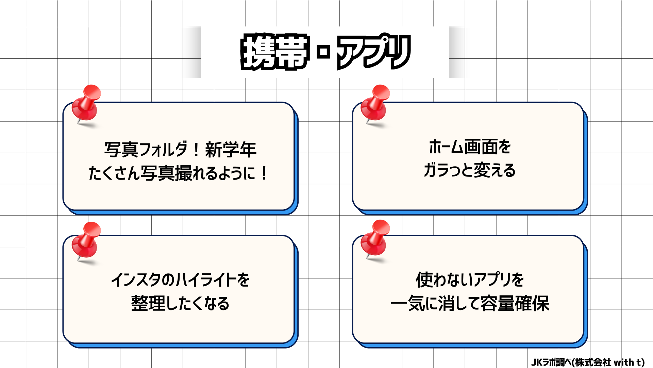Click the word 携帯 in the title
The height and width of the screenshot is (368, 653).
275,52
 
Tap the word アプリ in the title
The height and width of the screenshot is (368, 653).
373,52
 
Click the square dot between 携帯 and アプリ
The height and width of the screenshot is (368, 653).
323,52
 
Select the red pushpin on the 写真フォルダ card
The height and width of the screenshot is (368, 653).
86,104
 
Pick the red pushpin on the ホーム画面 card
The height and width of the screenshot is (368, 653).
375,104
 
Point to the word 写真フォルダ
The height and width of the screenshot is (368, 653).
146,150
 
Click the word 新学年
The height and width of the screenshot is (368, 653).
231,150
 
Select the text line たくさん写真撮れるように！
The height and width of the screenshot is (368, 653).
179,173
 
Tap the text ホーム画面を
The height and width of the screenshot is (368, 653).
470,147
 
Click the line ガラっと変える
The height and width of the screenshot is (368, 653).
470,170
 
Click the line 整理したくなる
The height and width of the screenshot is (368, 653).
180,303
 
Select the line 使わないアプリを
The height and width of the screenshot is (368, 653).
470,280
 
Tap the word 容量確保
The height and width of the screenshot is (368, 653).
515,303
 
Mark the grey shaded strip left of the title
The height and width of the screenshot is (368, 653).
193,52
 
